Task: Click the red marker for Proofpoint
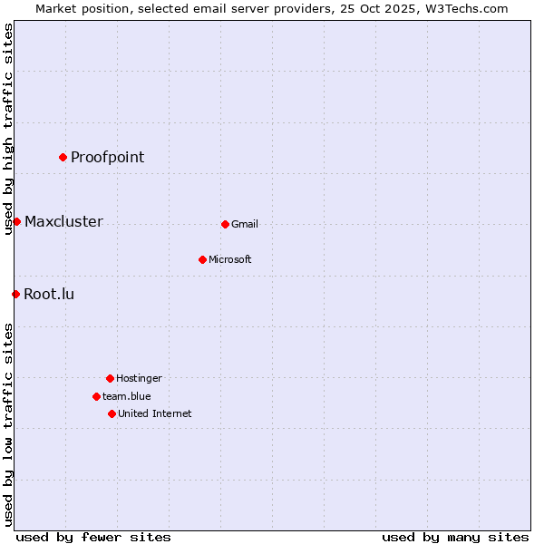click(x=63, y=157)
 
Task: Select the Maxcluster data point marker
click(x=16, y=221)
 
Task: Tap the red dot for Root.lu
click(x=15, y=294)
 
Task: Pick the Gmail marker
click(x=225, y=224)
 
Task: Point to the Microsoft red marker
click(x=202, y=259)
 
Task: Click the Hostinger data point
click(x=110, y=378)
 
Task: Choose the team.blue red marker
click(x=96, y=396)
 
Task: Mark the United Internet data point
click(x=112, y=413)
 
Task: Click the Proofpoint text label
click(x=107, y=157)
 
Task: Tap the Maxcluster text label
click(x=63, y=221)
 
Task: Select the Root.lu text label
click(x=49, y=294)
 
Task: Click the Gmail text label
click(x=245, y=224)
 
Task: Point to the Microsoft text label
click(x=230, y=259)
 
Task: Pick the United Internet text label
click(x=155, y=413)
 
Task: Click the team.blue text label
click(x=127, y=396)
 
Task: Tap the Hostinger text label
click(x=139, y=378)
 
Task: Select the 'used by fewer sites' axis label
click(x=93, y=537)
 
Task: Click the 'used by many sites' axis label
click(x=455, y=537)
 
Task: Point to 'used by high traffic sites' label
click(x=8, y=129)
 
